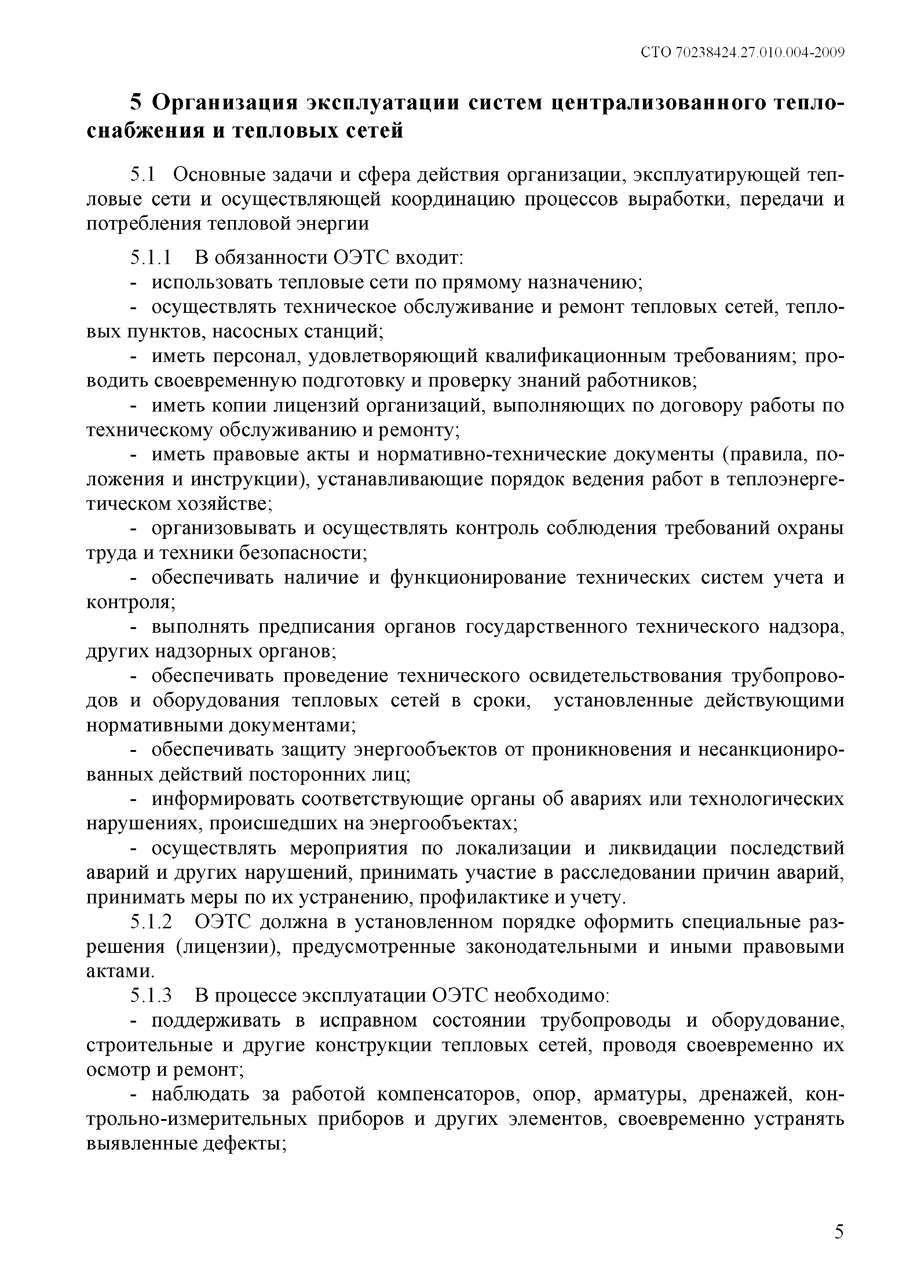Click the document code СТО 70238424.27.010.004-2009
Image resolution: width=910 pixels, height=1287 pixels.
742,53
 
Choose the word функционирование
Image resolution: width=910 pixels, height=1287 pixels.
478,578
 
